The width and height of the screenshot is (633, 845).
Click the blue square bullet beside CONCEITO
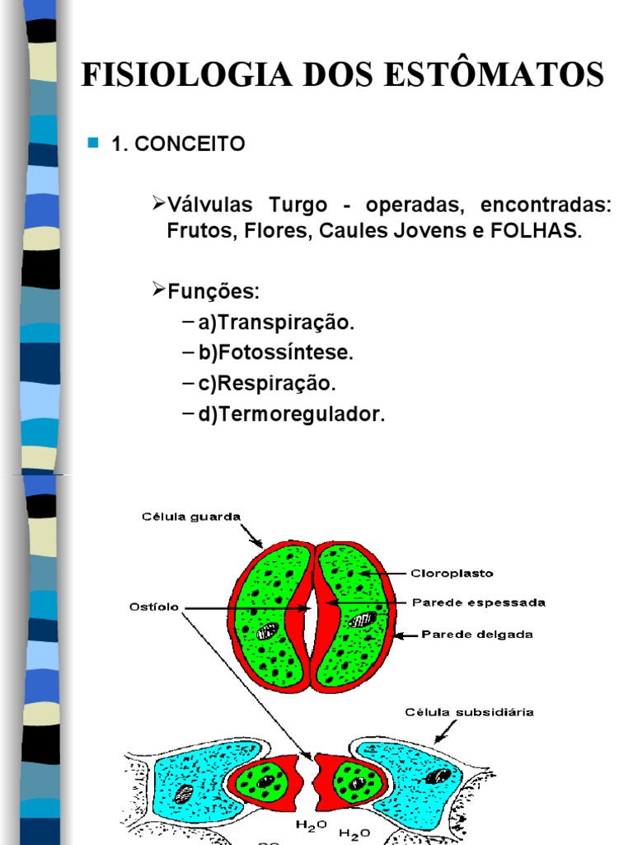tap(92, 144)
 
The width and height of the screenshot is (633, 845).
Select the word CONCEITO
tap(190, 144)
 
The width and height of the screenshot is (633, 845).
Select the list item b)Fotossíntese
tap(275, 352)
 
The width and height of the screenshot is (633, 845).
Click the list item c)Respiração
tap(267, 384)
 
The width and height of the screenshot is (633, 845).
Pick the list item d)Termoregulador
tap(291, 414)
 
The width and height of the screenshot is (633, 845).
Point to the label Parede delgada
tap(477, 635)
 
